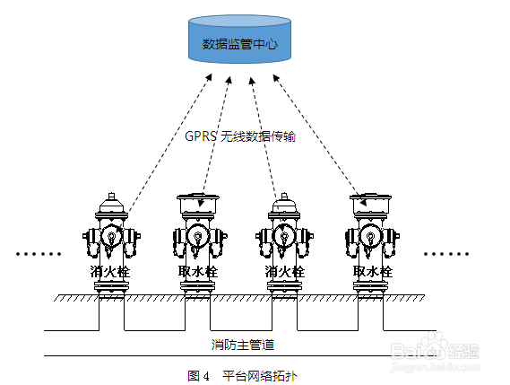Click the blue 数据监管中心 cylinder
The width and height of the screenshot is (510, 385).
pos(239,39)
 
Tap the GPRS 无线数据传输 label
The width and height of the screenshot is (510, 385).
pos(240,136)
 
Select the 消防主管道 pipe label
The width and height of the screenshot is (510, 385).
pos(243,345)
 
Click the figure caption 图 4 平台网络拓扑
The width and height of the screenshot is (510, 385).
pos(242,376)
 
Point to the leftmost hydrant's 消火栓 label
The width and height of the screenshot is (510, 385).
pos(110,271)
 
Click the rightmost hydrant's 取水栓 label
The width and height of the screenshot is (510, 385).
pos(373,271)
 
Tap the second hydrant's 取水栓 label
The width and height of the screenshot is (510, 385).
pos(198,271)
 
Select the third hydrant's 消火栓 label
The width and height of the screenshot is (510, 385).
pos(285,271)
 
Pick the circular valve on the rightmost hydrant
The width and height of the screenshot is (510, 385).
pos(370,235)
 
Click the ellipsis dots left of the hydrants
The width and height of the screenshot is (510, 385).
pos(39,254)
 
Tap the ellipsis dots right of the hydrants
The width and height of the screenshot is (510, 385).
pos(446,254)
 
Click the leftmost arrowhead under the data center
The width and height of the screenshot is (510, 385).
pos(209,77)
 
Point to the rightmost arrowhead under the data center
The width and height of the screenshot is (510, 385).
pos(276,78)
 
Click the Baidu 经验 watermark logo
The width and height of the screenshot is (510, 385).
pos(435,349)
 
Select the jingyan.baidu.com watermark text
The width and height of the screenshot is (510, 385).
pos(436,367)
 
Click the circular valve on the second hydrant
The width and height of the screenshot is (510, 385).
pos(197,235)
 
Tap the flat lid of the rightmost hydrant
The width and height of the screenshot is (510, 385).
pos(370,197)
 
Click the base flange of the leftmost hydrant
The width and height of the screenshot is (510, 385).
pos(111,286)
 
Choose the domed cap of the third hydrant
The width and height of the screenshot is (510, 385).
pos(285,203)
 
